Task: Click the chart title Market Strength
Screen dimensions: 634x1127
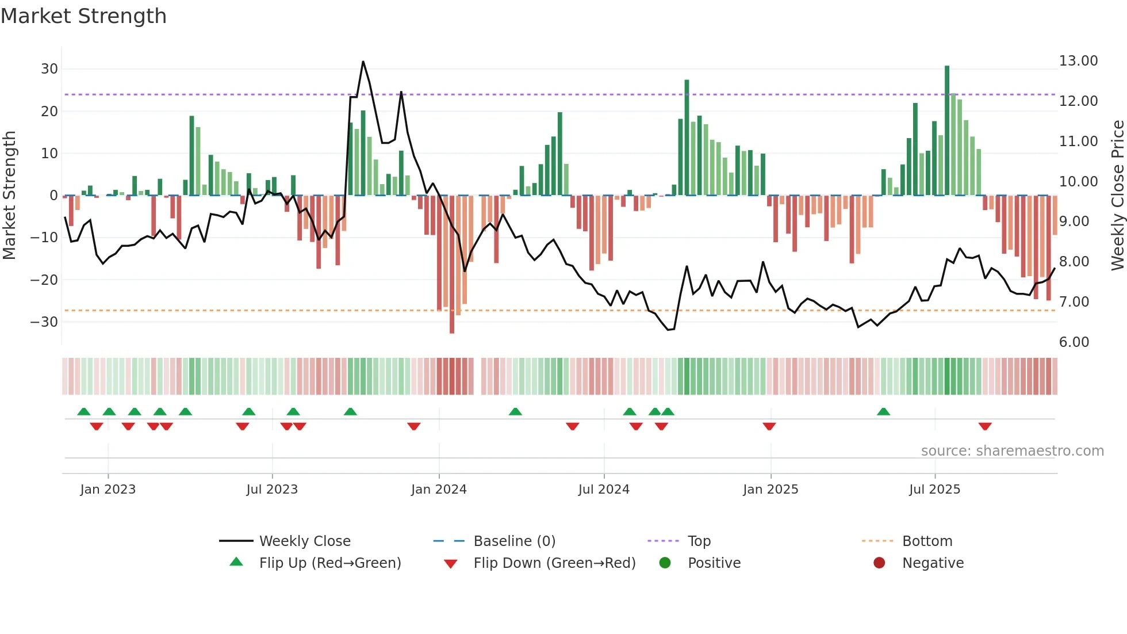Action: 84,16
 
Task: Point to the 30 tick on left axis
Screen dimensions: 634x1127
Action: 49,69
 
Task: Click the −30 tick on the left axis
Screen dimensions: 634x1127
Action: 45,322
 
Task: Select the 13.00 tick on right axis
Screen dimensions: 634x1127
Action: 1078,61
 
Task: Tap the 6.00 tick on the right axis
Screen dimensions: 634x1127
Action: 1074,342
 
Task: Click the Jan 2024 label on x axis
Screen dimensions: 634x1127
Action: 439,490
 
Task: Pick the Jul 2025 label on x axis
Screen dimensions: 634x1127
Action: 934,490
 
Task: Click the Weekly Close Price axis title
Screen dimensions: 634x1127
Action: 1117,195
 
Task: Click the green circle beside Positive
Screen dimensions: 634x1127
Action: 665,563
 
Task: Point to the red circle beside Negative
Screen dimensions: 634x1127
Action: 879,563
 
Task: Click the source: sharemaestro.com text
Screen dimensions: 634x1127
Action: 1012,451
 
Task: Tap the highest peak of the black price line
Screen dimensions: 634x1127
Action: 363,62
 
